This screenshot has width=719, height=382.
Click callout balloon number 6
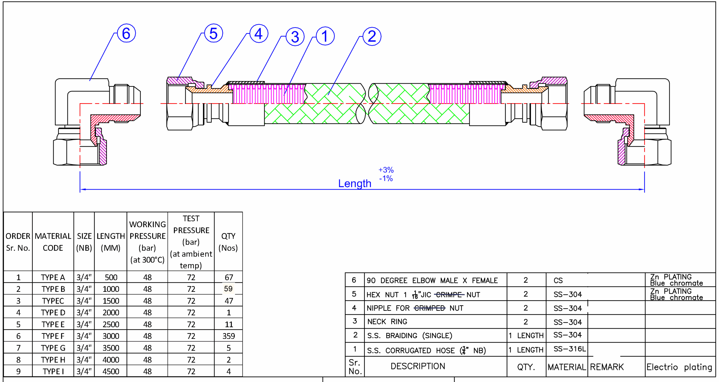[x=126, y=33]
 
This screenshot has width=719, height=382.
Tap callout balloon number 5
[x=213, y=33]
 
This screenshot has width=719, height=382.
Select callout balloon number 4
[x=259, y=33]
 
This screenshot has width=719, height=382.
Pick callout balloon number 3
[x=295, y=36]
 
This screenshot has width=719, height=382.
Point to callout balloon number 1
[x=325, y=36]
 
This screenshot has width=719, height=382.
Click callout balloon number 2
[x=372, y=36]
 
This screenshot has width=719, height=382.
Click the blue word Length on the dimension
[x=355, y=183]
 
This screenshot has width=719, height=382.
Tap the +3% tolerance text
[x=386, y=170]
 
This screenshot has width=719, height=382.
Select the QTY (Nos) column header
[x=228, y=242]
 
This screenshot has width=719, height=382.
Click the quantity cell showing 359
[x=229, y=336]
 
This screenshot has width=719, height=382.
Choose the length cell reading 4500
[x=111, y=372]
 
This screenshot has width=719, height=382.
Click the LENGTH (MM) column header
[x=111, y=242]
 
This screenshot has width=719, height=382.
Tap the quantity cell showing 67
[x=229, y=277]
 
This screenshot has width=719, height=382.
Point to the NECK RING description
[x=387, y=322]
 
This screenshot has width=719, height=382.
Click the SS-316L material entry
[x=569, y=349]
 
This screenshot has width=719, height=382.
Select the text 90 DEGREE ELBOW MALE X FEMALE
[x=432, y=280]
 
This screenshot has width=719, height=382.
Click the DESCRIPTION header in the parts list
[x=418, y=366]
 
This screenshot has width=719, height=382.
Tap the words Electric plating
[x=679, y=367]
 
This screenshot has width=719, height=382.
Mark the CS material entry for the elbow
[x=558, y=280]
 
